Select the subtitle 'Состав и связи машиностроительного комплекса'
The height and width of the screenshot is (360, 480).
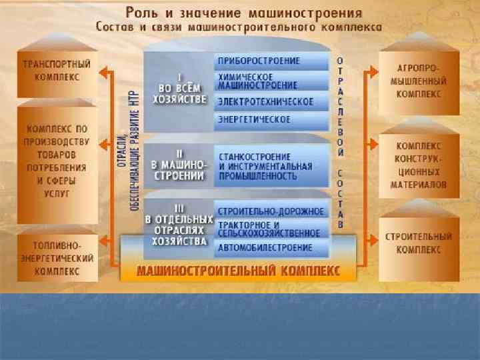[239, 28]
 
